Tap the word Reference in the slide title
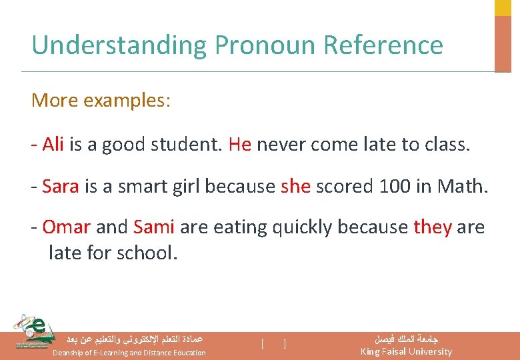point(383,45)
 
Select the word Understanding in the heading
point(120,45)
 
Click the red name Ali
point(53,145)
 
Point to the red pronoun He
point(239,145)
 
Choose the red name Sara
point(61,186)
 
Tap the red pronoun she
point(296,186)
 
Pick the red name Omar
point(66,227)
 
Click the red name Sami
point(154,227)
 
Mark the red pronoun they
point(433,227)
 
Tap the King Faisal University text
point(406,351)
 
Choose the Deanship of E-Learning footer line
point(129,352)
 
